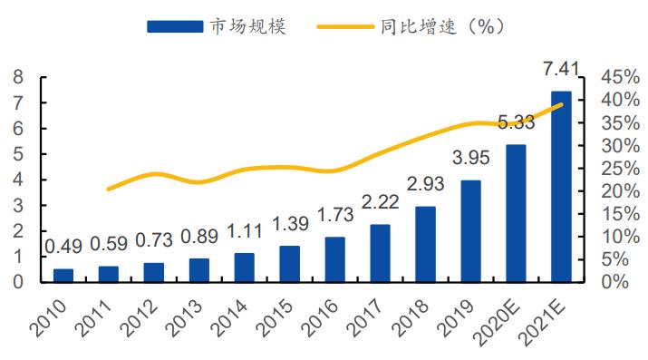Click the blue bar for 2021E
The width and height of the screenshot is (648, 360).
[x=561, y=187]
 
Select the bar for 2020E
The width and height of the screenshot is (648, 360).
[x=516, y=213]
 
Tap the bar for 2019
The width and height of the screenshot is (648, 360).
[x=470, y=231]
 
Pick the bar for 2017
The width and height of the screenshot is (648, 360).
[x=381, y=253]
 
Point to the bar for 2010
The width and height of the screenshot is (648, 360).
[x=63, y=275]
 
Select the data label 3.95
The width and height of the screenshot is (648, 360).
[x=470, y=159]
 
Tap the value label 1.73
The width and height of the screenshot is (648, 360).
[x=335, y=216]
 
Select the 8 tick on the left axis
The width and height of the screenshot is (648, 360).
[x=17, y=77]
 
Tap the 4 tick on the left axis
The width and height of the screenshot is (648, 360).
[x=17, y=180]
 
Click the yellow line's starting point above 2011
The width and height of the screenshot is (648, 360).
[x=109, y=189]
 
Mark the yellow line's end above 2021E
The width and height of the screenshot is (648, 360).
[x=562, y=104]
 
